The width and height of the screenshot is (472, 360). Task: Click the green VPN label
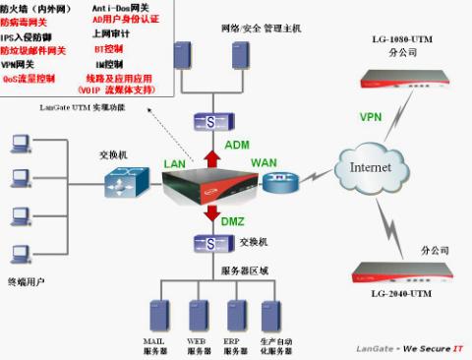click(370, 117)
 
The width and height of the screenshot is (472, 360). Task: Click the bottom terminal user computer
click(19, 250)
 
